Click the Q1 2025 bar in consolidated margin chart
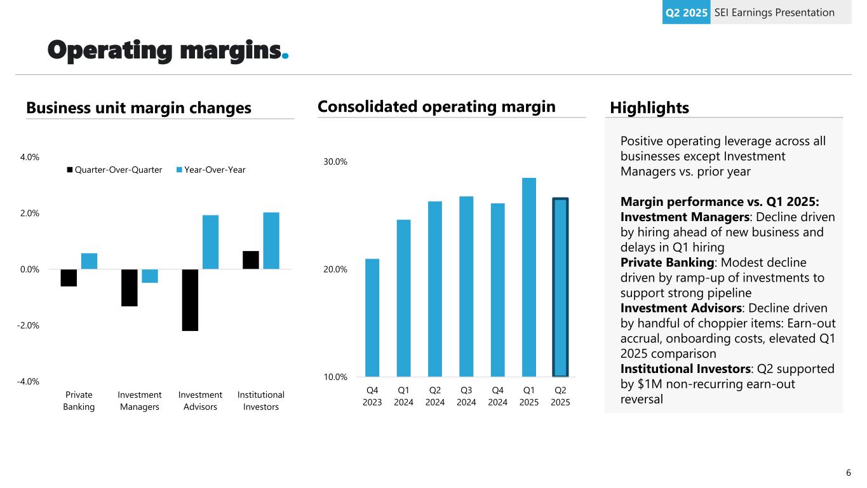click(528, 277)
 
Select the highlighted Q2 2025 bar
click(560, 287)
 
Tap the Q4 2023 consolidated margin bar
click(372, 317)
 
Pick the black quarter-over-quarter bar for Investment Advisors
click(190, 300)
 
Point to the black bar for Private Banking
click(69, 278)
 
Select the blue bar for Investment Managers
click(150, 276)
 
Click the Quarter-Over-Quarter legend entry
click(114, 170)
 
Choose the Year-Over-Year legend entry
click(211, 170)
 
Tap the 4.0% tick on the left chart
click(30, 157)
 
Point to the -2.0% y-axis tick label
click(29, 325)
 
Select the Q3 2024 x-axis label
click(466, 396)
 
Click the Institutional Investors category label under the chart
click(261, 401)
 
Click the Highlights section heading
click(649, 108)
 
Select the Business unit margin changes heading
click(138, 108)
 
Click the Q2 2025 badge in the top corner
click(685, 12)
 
